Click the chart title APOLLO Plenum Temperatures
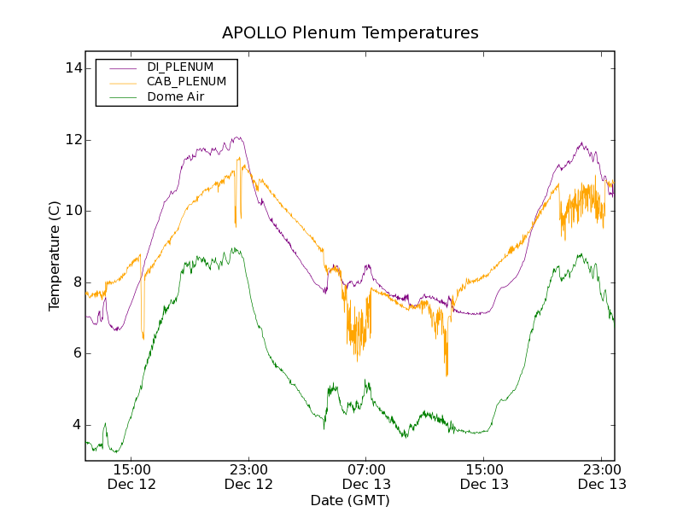350,33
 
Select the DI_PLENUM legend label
180,67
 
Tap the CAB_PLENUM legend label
186,82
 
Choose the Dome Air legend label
176,96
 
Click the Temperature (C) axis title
55,256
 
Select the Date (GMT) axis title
350,500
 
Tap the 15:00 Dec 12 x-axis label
131,476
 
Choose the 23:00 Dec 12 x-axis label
248,476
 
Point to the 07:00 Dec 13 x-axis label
366,476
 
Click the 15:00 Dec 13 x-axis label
484,476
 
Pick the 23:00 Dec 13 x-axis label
601,476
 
